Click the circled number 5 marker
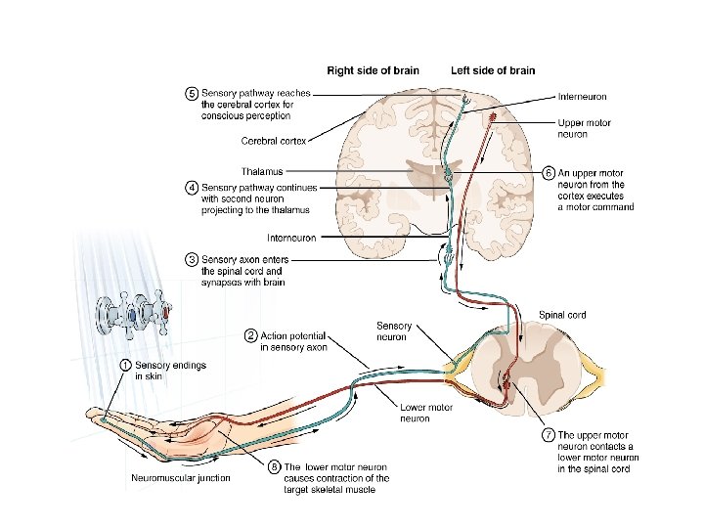pos(193,93)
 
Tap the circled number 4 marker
pos(193,186)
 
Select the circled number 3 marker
pos(193,259)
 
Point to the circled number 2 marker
pos(251,336)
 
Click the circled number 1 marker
pos(126,364)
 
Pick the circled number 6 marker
pos(549,172)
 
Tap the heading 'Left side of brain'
pos(493,70)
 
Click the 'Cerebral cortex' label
pos(274,141)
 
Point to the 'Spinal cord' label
pos(562,315)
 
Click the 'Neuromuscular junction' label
pos(181,478)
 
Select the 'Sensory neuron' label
pos(394,330)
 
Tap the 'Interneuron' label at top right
pos(582,97)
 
